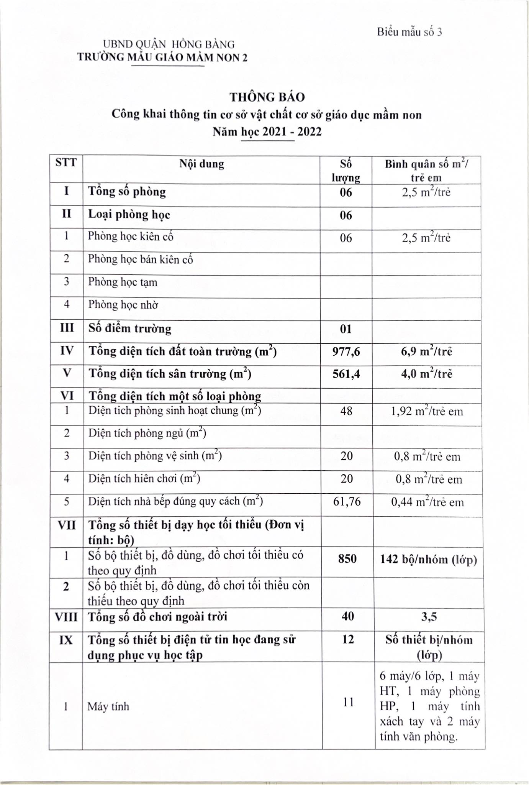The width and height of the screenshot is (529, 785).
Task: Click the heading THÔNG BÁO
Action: click(x=267, y=97)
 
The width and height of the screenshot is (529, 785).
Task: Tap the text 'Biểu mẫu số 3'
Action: click(x=409, y=32)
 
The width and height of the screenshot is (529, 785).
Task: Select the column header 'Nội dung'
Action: click(x=201, y=164)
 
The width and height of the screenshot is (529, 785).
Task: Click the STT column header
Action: click(x=66, y=163)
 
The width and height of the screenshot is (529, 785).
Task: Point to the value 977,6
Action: click(x=346, y=351)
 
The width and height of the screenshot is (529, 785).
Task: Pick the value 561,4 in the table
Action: click(x=346, y=374)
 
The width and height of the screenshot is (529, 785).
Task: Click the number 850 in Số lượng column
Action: click(x=347, y=559)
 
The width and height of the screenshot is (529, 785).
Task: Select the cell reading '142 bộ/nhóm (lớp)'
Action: click(x=428, y=560)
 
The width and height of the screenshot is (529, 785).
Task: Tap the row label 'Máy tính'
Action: click(x=108, y=706)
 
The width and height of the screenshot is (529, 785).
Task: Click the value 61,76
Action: click(x=347, y=501)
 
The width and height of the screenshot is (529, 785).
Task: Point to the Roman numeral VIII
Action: click(x=66, y=617)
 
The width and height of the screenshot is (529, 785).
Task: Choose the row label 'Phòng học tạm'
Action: click(x=123, y=282)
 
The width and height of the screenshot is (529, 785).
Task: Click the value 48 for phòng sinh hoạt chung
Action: click(x=346, y=411)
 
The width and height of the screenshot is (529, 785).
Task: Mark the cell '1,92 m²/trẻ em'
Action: click(x=427, y=412)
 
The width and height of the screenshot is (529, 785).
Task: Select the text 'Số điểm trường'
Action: click(x=129, y=329)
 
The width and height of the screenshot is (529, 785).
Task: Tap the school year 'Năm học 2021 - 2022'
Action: click(x=267, y=132)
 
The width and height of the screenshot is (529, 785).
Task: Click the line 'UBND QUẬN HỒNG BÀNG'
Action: click(x=169, y=45)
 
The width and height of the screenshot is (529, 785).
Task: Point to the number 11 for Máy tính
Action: click(x=348, y=702)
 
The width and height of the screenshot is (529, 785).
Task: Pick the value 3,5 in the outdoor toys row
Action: click(x=429, y=617)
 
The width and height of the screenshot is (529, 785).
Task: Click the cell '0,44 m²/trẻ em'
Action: click(x=427, y=502)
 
